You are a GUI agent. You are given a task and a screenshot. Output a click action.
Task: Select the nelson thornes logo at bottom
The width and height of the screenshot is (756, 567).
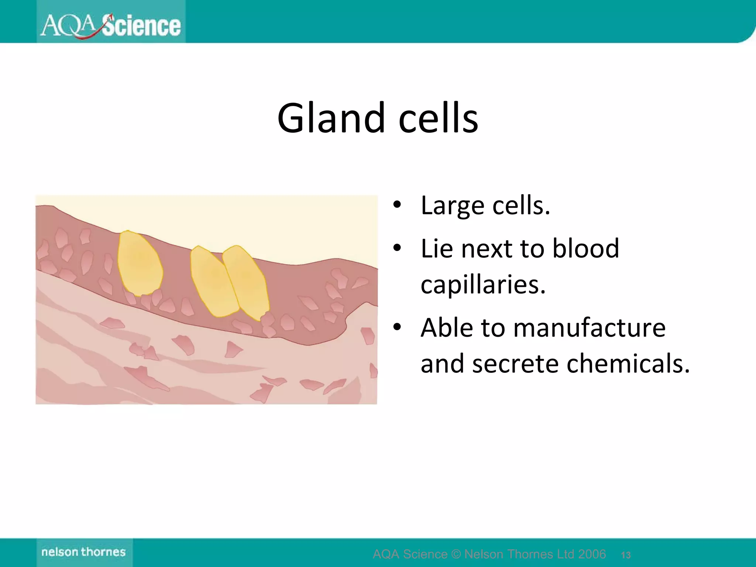pos(84,552)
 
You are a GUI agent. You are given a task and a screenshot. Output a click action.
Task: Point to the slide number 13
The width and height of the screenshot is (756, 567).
pos(626,555)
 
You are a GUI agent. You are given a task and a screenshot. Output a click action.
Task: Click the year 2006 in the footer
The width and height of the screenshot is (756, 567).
pos(592,554)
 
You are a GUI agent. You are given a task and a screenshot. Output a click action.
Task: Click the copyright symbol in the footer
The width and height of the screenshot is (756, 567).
pos(456,554)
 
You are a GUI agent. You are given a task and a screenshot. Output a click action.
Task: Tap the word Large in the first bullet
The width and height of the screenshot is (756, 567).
pos(453,206)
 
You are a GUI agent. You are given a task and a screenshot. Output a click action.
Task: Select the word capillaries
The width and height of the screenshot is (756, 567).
pos(483,285)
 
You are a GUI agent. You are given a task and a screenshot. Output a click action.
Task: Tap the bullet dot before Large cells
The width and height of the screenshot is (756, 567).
pos(397,205)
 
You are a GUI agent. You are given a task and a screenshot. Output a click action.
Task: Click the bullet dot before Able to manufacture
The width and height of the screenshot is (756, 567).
pos(397,327)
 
